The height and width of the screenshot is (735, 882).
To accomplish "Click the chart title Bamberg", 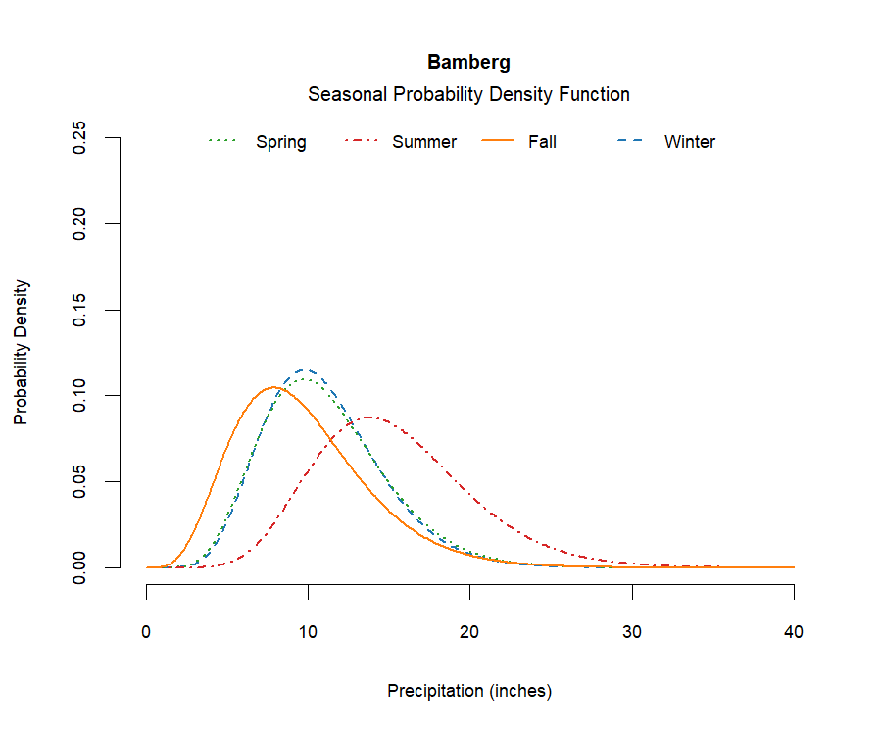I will (x=468, y=63).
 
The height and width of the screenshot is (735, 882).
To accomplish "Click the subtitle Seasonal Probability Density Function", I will (x=468, y=95).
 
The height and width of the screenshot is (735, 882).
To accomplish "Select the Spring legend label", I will (x=281, y=142).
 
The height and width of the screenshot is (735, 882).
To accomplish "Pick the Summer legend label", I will (x=424, y=142).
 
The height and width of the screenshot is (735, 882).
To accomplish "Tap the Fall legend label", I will (x=542, y=142).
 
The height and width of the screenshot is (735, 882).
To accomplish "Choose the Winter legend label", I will (x=690, y=142).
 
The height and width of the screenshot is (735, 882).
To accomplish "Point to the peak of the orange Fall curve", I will (x=274, y=387).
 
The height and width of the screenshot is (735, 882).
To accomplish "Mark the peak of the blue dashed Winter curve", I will (x=307, y=370).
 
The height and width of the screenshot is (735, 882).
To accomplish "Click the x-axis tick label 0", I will (x=147, y=633).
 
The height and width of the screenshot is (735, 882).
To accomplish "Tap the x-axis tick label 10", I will (x=309, y=633).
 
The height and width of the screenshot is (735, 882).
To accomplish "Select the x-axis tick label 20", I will (x=470, y=633).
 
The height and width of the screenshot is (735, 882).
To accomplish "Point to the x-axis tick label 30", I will (x=632, y=633).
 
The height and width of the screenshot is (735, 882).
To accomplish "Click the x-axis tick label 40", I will (x=794, y=633).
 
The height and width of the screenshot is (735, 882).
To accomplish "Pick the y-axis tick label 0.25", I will (x=82, y=138).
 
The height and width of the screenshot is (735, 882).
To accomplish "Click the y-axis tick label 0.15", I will (x=82, y=310).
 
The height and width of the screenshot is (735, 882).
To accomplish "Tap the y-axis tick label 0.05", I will (x=82, y=481).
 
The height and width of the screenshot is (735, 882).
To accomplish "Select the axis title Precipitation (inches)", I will (x=469, y=691).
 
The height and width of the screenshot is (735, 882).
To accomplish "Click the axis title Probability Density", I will (x=22, y=352).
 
